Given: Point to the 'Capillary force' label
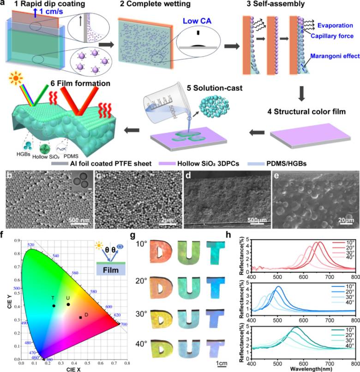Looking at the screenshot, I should pyautogui.click(x=332, y=35).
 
